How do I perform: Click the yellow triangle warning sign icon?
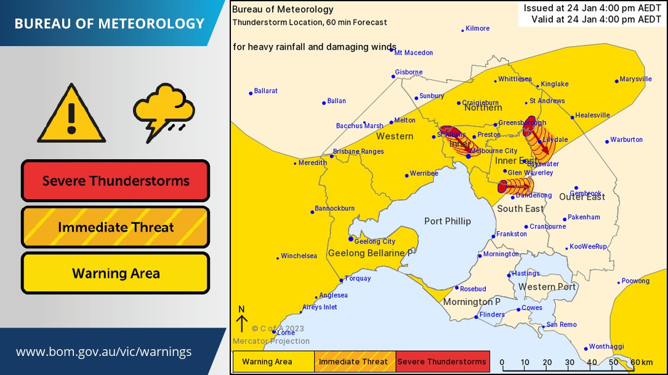click(x=71, y=115)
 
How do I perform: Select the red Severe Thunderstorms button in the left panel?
click(x=116, y=181)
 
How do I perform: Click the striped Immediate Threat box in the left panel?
click(x=116, y=227)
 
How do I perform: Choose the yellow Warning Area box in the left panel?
click(x=116, y=274)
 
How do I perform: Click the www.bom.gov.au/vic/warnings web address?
click(x=103, y=352)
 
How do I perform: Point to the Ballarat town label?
click(x=266, y=91)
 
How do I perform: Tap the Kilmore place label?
click(x=477, y=28)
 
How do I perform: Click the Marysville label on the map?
click(x=635, y=79)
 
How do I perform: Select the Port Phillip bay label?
click(x=448, y=221)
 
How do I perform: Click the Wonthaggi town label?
click(x=606, y=347)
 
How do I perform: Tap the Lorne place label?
click(x=286, y=333)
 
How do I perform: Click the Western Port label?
click(x=547, y=287)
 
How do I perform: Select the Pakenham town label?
click(x=584, y=218)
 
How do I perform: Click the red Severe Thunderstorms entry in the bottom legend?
click(x=443, y=361)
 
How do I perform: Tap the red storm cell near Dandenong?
click(x=514, y=186)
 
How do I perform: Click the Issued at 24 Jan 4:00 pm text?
click(x=592, y=8)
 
